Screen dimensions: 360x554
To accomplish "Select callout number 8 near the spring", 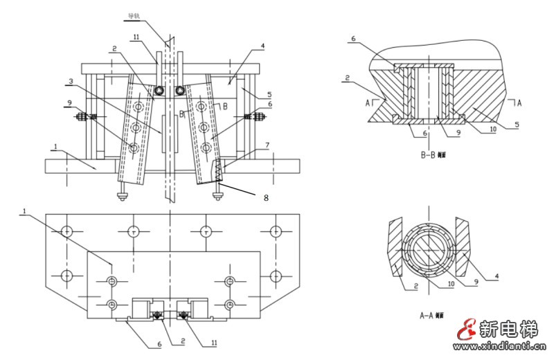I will tap(265, 197).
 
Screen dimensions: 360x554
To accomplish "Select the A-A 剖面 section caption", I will tap(436, 315).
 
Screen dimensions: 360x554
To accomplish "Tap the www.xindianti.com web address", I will tap(501, 345).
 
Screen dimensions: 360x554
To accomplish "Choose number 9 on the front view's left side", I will tap(69, 103).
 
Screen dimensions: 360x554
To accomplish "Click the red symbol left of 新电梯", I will tap(468, 332).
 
